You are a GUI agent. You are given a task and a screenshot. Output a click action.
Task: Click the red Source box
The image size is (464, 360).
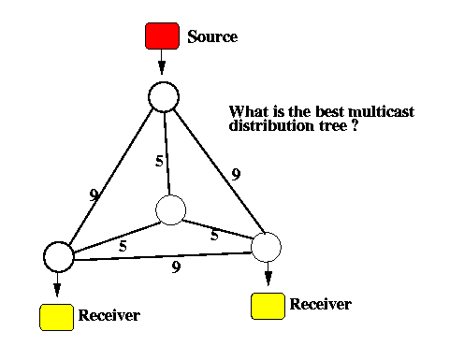(x=162, y=36)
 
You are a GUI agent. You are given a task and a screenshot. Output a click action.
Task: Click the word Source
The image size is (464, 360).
(x=212, y=36)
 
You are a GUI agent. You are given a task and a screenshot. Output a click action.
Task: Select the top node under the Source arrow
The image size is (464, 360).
(x=164, y=97)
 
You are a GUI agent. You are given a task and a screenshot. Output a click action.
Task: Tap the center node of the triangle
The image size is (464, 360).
(x=170, y=210)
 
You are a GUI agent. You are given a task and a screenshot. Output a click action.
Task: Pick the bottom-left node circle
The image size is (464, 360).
(x=59, y=257)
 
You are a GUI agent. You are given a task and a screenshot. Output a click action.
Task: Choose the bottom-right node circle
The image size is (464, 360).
(x=266, y=247)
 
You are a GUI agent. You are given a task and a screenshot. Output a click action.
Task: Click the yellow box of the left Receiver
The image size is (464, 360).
(x=56, y=317)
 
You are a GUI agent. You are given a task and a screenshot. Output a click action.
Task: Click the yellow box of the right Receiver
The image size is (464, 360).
(x=268, y=306)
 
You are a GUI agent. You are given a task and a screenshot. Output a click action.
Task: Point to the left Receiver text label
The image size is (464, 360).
(x=109, y=315)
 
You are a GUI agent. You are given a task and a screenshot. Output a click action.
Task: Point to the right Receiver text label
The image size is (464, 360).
(x=321, y=304)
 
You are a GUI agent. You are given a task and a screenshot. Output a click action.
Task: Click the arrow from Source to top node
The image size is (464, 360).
(x=162, y=62)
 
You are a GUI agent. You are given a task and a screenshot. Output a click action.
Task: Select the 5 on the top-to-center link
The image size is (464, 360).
(x=159, y=161)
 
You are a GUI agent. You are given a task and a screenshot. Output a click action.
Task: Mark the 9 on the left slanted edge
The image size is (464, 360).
(x=94, y=195)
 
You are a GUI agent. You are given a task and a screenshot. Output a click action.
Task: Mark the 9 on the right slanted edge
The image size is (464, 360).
(x=236, y=174)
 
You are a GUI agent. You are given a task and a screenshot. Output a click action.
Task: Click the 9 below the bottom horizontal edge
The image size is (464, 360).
(x=176, y=267)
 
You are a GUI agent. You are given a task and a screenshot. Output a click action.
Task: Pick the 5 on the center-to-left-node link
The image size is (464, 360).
(x=123, y=246)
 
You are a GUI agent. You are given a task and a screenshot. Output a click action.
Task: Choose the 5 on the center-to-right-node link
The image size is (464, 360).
(x=214, y=235)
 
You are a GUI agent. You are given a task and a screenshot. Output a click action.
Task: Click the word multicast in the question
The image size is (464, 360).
(x=381, y=111)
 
